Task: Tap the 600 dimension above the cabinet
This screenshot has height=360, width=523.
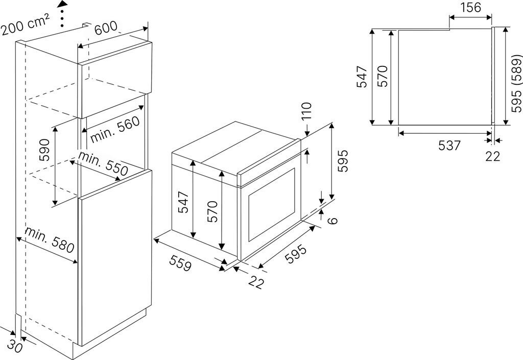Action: tap(106, 28)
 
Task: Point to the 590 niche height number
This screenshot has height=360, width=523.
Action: tap(44, 150)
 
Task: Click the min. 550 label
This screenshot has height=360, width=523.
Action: tap(103, 164)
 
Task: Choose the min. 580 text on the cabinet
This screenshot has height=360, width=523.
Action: tap(50, 240)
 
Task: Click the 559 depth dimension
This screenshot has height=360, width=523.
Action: tap(181, 263)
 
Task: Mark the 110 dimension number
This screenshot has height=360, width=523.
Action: tap(306, 111)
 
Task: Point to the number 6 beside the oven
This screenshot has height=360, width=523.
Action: tap(332, 220)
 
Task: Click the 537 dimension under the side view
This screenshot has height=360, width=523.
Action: tap(449, 146)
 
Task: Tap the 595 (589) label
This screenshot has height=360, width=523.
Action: tap(517, 83)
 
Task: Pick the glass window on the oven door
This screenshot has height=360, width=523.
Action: tap(272, 204)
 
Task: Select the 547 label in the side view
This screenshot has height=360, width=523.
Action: tap(362, 77)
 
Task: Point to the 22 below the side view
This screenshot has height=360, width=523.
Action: tap(493, 156)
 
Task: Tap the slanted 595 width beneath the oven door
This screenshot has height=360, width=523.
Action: tap(296, 254)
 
